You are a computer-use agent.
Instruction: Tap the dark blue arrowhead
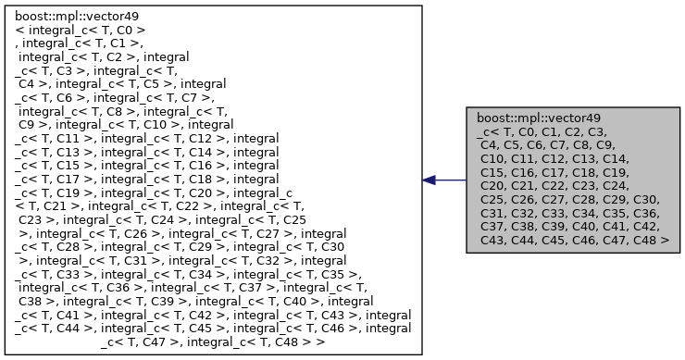[430, 180]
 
